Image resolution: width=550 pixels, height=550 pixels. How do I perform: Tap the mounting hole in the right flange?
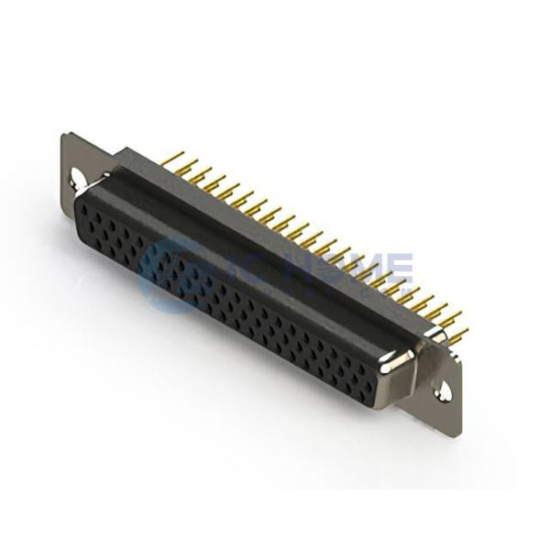click(x=444, y=390)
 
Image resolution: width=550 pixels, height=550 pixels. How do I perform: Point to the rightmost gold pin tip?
click(x=463, y=331)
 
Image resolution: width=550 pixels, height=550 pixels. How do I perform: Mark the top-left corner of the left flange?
click(x=64, y=136)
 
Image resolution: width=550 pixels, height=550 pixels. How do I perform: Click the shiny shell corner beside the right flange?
click(x=401, y=363)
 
